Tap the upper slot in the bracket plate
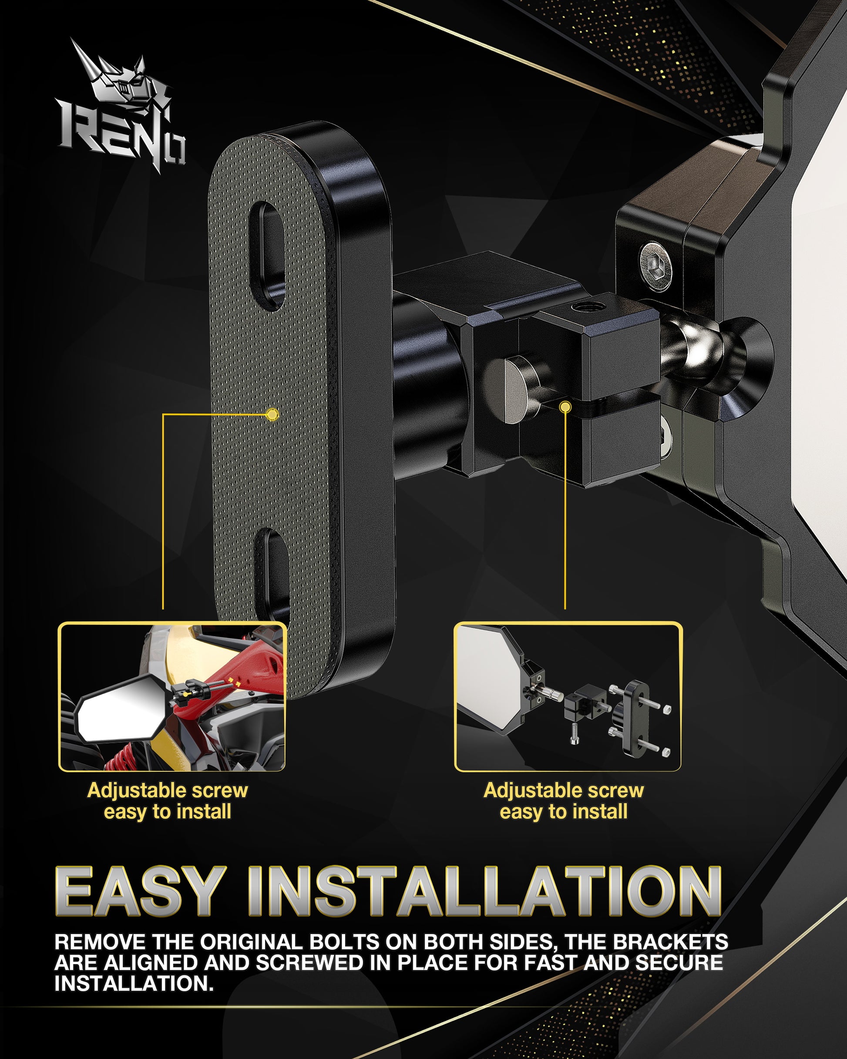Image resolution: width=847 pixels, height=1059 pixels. pyautogui.click(x=268, y=256)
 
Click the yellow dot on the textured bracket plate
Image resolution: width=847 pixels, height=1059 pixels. pyautogui.click(x=272, y=414)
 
